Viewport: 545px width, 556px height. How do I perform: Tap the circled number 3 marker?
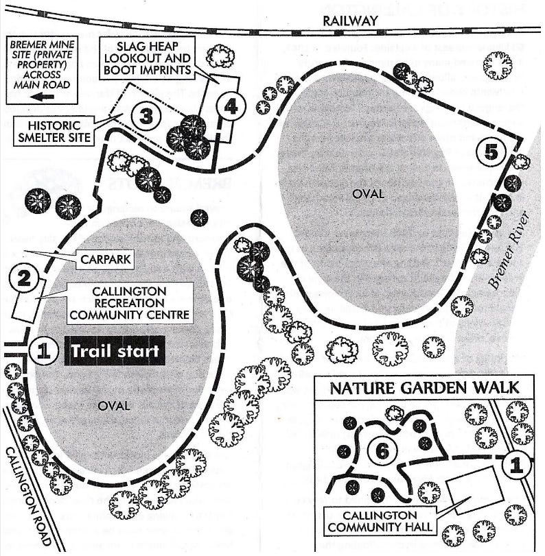pos(145,116)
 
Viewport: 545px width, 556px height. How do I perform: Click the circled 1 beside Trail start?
pos(44,352)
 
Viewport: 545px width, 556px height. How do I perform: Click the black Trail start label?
pos(115,352)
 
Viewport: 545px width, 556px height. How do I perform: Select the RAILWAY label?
pos(350,21)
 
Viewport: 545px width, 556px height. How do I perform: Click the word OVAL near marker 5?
pos(368,194)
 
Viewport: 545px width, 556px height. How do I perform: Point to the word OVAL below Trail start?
pos(114,406)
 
